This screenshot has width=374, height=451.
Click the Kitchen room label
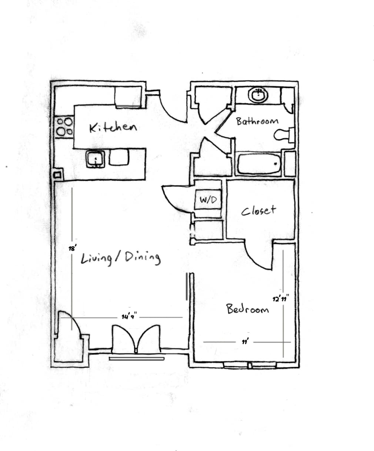point(113,127)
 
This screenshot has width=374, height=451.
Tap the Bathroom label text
point(257,121)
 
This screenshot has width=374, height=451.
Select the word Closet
point(258,211)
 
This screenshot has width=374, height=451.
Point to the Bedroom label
point(248,309)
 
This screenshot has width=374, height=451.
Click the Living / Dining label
point(121,258)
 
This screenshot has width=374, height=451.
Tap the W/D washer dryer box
point(208,200)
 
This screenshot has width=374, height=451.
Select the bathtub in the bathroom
point(259,164)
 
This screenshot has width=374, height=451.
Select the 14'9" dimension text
point(129,317)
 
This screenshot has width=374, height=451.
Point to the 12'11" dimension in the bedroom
point(280,298)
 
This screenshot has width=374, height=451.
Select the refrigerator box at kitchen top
point(128,97)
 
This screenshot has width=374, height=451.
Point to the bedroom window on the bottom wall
point(250,365)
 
